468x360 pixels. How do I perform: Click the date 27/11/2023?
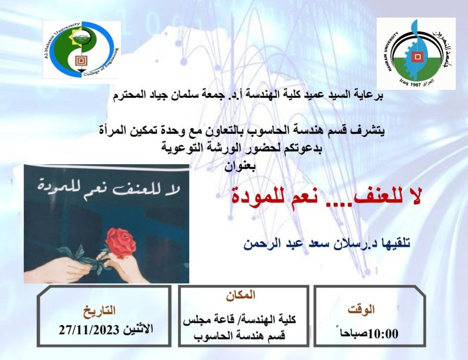point(89,330)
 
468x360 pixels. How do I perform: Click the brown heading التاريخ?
point(99,311)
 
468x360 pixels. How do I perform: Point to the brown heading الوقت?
point(361,309)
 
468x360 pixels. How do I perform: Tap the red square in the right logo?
point(417,56)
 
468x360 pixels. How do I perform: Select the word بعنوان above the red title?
point(240,167)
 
